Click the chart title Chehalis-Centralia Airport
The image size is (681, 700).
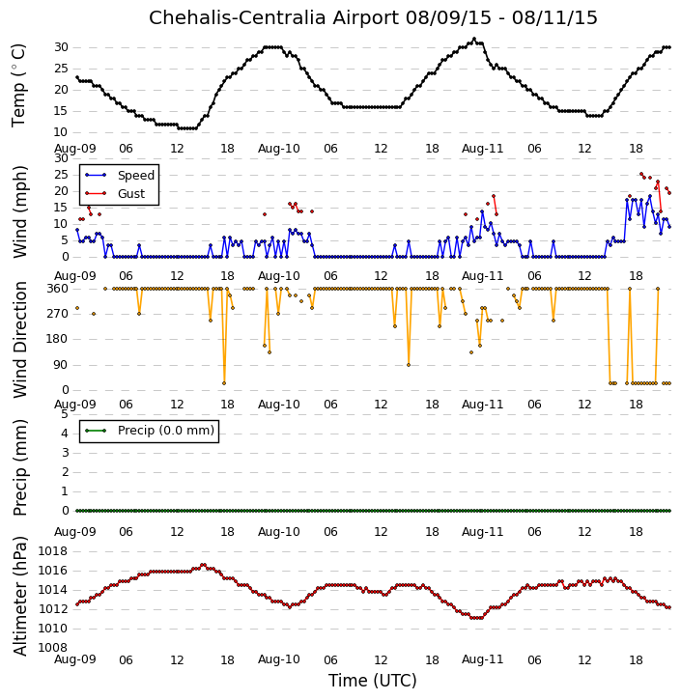click(x=273, y=18)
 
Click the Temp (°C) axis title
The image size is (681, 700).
click(x=18, y=85)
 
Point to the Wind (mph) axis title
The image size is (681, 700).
click(x=19, y=211)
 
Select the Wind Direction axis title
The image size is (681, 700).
click(x=19, y=340)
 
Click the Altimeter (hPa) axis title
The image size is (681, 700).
click(x=19, y=597)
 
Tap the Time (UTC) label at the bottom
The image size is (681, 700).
click(x=373, y=681)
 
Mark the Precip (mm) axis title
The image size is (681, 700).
click(x=19, y=467)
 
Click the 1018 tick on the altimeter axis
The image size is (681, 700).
click(x=53, y=551)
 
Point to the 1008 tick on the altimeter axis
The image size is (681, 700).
click(x=53, y=648)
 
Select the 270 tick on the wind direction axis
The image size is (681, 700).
click(x=58, y=314)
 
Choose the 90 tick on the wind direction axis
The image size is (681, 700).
click(x=61, y=365)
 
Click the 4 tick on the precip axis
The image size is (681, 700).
click(x=65, y=434)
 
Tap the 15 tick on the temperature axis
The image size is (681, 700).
click(x=61, y=111)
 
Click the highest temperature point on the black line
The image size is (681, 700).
click(x=474, y=39)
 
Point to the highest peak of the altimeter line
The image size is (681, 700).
click(x=204, y=565)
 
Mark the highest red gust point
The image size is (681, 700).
click(x=641, y=174)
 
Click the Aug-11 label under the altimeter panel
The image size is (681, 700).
click(x=482, y=659)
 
